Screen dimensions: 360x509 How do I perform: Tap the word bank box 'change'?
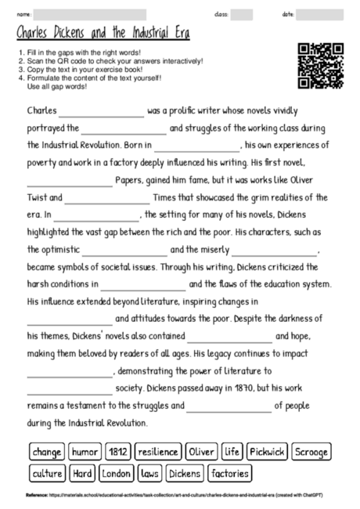47,452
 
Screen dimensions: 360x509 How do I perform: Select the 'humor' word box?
85,452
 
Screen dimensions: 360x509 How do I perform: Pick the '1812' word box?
118,452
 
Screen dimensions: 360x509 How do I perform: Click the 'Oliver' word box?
202,452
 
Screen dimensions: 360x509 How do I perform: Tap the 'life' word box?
232,452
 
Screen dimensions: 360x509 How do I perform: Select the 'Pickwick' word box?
268,452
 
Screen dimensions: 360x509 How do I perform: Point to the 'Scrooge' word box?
311,452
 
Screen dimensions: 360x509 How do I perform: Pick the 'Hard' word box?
83,473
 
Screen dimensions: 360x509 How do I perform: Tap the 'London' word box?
117,473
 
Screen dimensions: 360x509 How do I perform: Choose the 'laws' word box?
149,473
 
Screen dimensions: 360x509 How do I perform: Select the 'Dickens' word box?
185,473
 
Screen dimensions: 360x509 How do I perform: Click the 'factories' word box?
230,473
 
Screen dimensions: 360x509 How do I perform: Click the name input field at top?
90,15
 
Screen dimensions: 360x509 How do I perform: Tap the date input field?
320,15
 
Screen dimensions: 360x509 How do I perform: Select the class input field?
242,15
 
